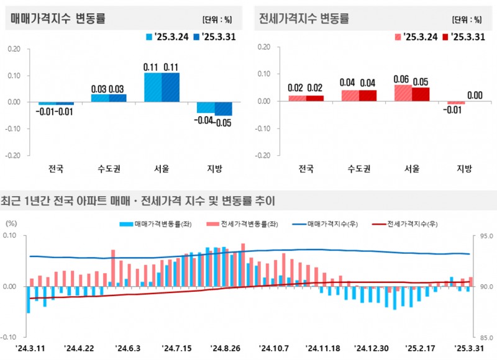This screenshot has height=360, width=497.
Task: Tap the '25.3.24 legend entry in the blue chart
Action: [168, 37]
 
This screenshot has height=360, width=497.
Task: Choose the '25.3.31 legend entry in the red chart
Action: [463, 37]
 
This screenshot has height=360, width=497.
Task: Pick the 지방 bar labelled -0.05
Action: [224, 109]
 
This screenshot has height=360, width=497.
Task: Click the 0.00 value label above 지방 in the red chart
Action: [475, 95]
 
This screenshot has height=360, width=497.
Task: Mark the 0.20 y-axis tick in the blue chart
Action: [13, 49]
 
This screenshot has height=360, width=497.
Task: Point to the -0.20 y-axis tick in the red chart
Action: [263, 156]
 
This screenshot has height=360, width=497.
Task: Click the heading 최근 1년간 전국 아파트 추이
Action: [138, 201]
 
